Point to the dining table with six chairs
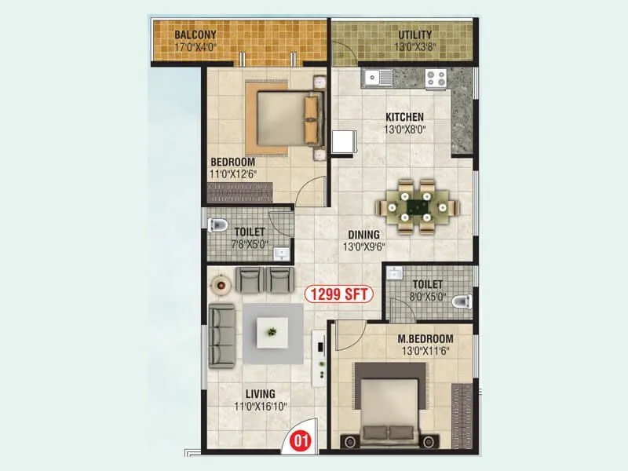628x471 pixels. (416, 207)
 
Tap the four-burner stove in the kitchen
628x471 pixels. (436, 78)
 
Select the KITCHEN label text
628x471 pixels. (404, 117)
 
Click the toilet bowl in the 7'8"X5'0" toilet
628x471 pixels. (217, 228)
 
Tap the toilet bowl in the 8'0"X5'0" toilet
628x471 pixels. (462, 299)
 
